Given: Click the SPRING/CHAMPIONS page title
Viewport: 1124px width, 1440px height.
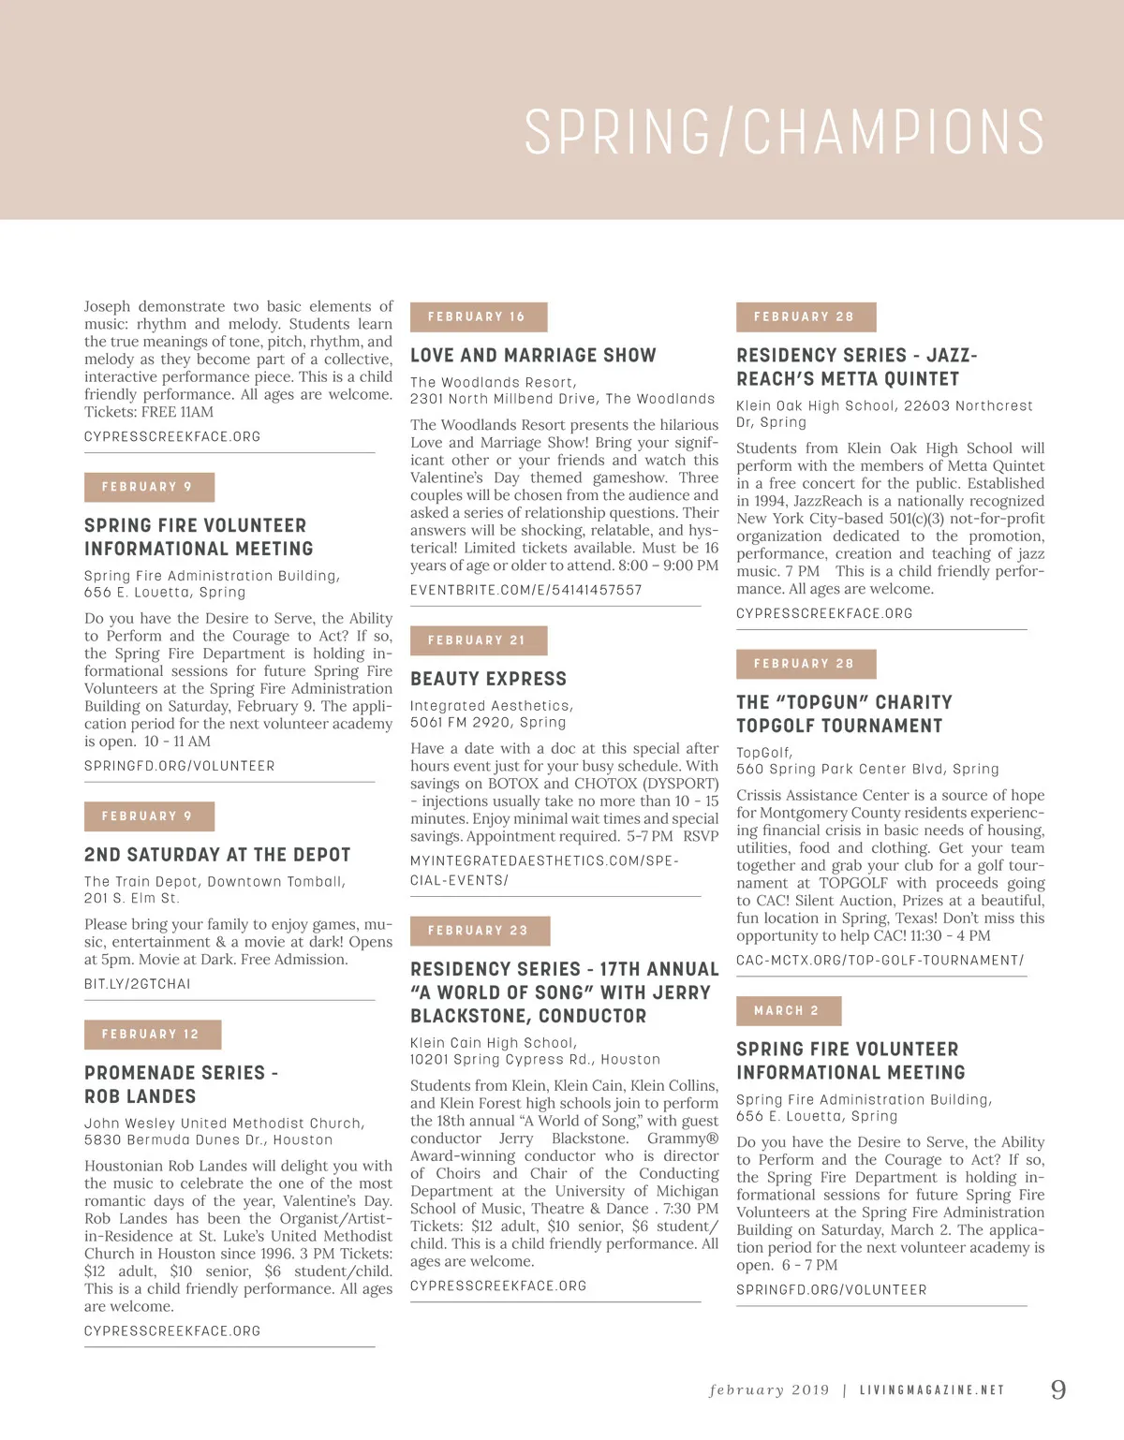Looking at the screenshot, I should coord(784,132).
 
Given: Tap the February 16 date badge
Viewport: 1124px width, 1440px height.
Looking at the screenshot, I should coord(478,316).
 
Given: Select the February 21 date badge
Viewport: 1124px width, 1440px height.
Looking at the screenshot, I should coord(478,640).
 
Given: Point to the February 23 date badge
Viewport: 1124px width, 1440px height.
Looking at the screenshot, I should coord(479,931).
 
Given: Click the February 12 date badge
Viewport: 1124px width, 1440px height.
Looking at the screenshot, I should coord(151,1035).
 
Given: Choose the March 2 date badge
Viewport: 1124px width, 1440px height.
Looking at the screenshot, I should coord(788,1011).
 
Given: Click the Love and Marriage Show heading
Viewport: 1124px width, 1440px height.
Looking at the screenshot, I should coord(533,356).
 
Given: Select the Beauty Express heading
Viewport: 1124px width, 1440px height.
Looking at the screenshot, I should coord(488,679).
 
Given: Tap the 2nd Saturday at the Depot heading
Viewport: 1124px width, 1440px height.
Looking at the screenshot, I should coord(217,855).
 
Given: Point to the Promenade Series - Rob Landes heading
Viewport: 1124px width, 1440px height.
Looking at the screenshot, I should coord(181,1084).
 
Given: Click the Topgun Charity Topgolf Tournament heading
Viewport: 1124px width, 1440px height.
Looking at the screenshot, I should coord(844,713).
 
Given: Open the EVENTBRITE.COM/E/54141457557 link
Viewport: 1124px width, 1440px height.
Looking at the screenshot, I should coord(525,590).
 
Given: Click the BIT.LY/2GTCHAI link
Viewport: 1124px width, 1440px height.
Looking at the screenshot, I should coord(137,984).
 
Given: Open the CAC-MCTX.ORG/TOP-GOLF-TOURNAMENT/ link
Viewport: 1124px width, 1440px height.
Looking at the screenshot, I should coord(880,961).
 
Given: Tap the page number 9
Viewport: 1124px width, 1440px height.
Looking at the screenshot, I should coord(1058,1389).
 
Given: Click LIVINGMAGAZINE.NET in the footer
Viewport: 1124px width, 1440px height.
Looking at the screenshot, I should coord(931,1390).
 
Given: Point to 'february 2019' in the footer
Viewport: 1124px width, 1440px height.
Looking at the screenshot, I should coord(769,1390).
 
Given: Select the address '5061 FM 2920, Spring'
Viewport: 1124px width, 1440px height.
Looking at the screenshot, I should coord(488,723).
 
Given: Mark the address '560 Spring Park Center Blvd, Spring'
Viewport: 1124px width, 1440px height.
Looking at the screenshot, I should coord(867,770).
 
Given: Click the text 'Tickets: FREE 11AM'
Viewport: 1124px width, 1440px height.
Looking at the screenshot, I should coord(149,412).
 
